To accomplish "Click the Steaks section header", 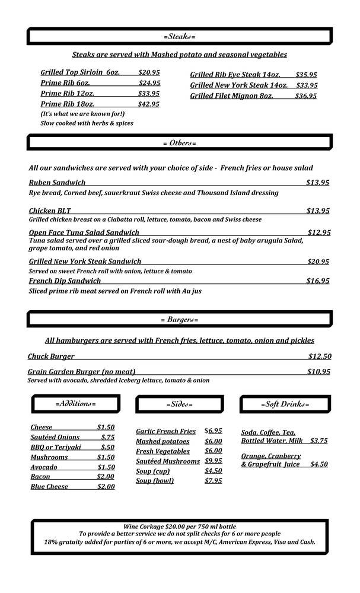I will point(179,37).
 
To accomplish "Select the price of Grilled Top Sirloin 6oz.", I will point(149,72).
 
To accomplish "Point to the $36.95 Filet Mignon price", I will point(305,96).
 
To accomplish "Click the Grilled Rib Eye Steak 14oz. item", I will point(235,75).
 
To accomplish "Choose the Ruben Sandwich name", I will point(57,183).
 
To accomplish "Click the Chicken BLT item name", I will point(50,211).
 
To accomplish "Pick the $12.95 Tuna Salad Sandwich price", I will point(318,233).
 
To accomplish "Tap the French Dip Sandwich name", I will point(65,281).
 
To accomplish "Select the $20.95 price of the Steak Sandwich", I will point(318,262).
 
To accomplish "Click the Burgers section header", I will point(179,320).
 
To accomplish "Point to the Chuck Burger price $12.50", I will point(320,356).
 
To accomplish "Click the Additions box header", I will point(75,404).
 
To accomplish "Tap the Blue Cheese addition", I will point(49,487).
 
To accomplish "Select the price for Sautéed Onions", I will point(107,438).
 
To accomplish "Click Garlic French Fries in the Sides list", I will point(165,432).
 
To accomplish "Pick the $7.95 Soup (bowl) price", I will point(214,481).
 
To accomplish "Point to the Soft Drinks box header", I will point(285,404).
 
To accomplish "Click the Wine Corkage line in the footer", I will point(179,527).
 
